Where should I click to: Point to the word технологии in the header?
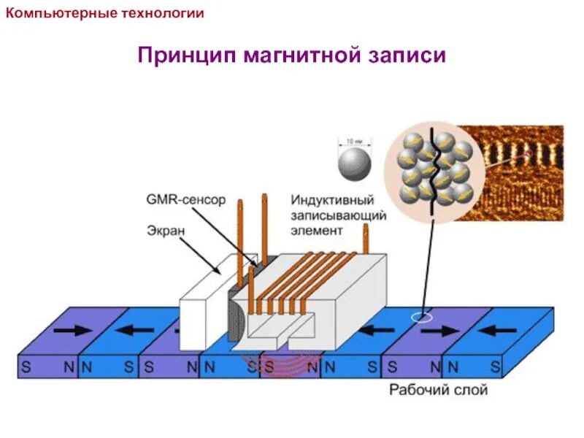(x=161, y=13)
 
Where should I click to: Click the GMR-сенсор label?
(x=186, y=199)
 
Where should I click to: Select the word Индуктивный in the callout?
(x=332, y=199)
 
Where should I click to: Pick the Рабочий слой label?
(x=438, y=390)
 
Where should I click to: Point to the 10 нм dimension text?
(x=355, y=139)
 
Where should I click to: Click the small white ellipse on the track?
(x=421, y=318)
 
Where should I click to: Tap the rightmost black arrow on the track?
(x=504, y=330)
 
